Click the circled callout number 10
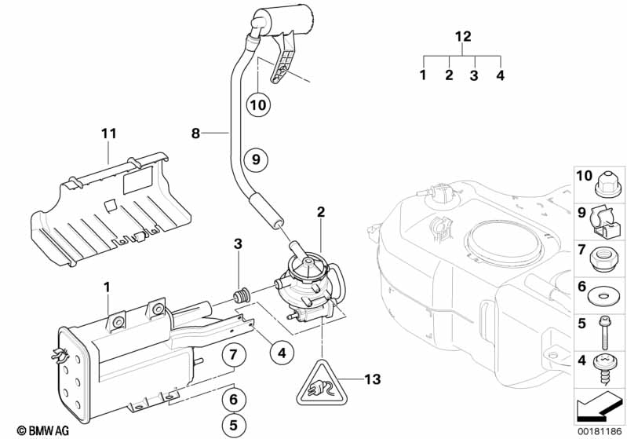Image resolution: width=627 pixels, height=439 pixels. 258,105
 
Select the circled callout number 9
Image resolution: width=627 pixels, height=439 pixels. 256,159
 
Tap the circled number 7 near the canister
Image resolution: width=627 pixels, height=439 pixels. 234,354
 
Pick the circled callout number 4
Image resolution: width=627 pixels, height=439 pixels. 282,353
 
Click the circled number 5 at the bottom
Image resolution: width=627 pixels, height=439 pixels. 234,425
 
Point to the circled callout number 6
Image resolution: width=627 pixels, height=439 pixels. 234,399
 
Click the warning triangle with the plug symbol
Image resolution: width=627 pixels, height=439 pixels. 322,383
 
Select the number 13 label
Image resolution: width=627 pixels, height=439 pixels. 372,379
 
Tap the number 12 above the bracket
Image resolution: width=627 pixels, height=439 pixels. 463,36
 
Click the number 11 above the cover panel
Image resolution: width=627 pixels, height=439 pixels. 109,134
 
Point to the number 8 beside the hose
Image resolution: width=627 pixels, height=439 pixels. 195,133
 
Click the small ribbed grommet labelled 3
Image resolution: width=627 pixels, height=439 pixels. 241,297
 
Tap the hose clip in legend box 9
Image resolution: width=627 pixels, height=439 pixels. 603,221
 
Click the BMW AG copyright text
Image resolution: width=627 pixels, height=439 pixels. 43,430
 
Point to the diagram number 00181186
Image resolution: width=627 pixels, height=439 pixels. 600,432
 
